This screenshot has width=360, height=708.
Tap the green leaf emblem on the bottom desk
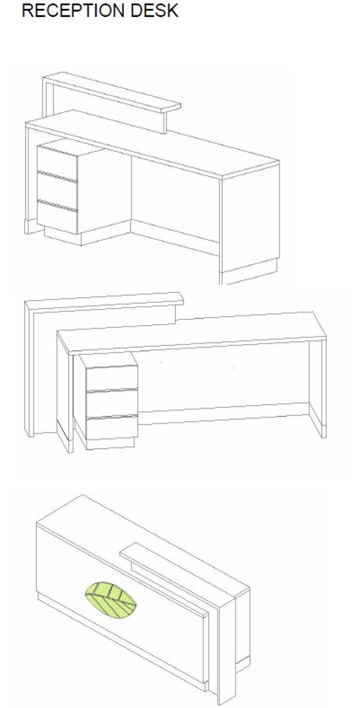tap(111, 600)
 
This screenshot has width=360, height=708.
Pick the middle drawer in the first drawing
tap(57, 190)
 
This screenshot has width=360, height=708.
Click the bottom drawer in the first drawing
tap(57, 216)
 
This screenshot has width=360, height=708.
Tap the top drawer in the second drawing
tap(112, 379)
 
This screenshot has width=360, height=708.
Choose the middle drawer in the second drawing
tap(112, 403)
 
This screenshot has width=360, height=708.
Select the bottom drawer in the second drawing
tap(112, 427)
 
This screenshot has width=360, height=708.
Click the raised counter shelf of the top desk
tap(113, 92)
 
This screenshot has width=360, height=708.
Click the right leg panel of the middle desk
tap(317, 388)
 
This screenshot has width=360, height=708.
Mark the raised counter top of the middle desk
tap(105, 302)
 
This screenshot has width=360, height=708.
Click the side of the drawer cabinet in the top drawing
tap(104, 189)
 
